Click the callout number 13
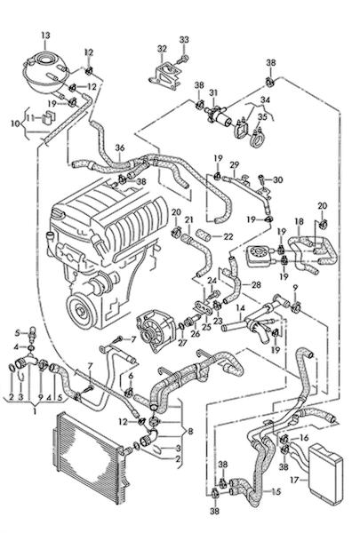point(45,35)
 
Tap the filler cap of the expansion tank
point(45,60)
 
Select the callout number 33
point(184,39)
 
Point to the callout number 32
point(162,49)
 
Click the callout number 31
point(213,92)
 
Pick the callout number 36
point(120,147)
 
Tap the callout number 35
point(262,116)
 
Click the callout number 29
point(235,164)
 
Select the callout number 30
point(277,179)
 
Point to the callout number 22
point(228,236)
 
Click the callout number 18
point(299,221)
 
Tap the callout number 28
point(256,284)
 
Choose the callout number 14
point(241,308)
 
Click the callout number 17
point(295,480)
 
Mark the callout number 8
point(190,432)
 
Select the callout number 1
point(35,411)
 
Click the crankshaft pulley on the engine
point(81,310)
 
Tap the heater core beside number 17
point(325,472)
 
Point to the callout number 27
point(182,342)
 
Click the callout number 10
point(16,123)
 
